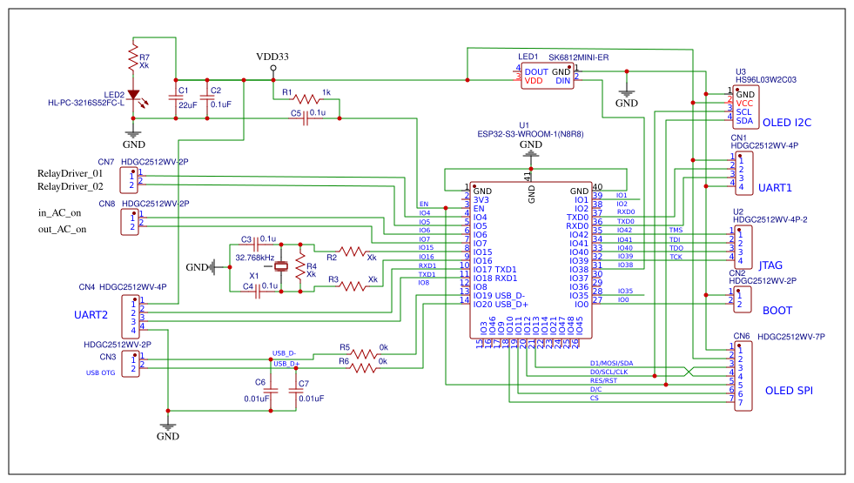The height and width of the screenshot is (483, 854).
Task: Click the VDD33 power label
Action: pos(272,57)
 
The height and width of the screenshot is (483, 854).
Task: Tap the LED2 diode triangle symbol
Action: pos(133,95)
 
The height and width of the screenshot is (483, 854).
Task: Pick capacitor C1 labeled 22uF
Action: pos(176,97)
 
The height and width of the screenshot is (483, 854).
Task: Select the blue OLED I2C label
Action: pos(787,123)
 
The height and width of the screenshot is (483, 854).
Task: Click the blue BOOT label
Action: pos(777,310)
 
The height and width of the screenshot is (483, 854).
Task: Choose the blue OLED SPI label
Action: pos(788,392)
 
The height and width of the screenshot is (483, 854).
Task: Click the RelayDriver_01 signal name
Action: pos(70,173)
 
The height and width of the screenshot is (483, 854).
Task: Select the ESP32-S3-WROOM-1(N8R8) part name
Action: pos(530,134)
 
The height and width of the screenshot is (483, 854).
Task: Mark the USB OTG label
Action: pos(100,373)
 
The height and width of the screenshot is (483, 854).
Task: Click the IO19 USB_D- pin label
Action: pos(500,296)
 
